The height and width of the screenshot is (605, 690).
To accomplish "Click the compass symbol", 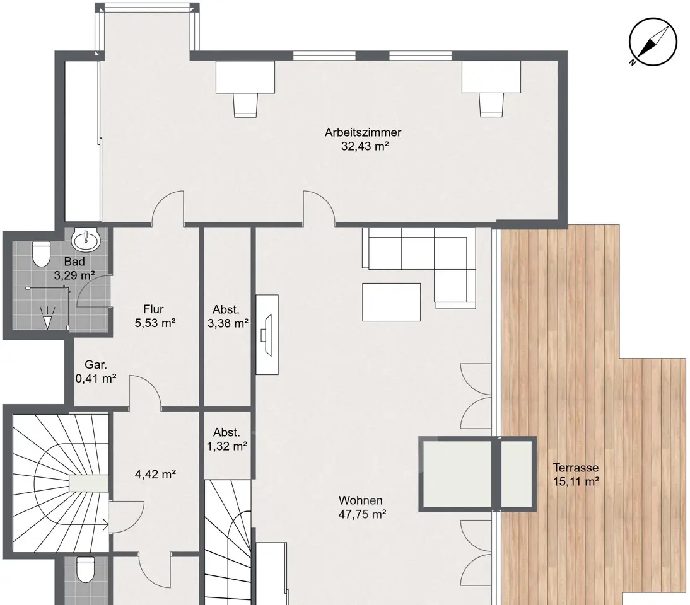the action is (x=653, y=42).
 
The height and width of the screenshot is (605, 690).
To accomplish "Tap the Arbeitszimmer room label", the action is (x=363, y=132).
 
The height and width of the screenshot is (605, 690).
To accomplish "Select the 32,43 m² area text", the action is (x=365, y=146).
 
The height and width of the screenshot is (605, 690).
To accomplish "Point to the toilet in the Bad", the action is (x=42, y=254).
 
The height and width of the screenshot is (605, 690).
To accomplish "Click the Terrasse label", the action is (x=576, y=468).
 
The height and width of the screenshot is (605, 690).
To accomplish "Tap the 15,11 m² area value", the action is (x=576, y=481).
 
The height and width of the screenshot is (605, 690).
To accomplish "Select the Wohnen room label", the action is (x=360, y=500).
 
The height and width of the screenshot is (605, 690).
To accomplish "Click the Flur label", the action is (x=153, y=309).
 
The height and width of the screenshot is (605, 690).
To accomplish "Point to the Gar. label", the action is (x=95, y=364).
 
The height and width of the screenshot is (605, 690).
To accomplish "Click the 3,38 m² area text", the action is (x=228, y=323).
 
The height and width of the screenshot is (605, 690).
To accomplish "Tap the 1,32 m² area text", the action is (x=226, y=446).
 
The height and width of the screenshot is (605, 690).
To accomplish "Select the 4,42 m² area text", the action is (x=155, y=475).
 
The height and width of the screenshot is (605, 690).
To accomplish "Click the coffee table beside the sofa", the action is (x=391, y=302).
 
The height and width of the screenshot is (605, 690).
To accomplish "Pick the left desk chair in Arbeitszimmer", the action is (x=245, y=105).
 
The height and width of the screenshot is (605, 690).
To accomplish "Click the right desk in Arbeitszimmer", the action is (x=491, y=77).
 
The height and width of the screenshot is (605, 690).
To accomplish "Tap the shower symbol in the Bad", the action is (x=47, y=317).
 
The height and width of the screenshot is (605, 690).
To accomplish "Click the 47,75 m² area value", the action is (x=362, y=514).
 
